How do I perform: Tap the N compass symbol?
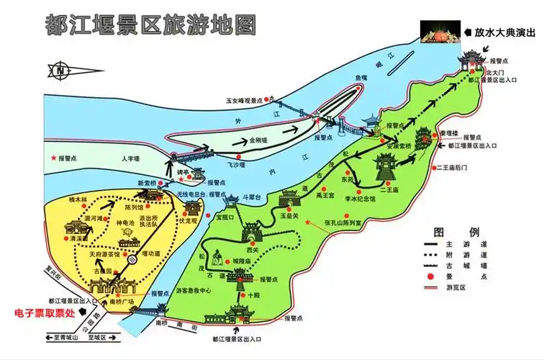click(x=61, y=71)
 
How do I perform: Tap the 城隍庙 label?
click(x=242, y=260)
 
